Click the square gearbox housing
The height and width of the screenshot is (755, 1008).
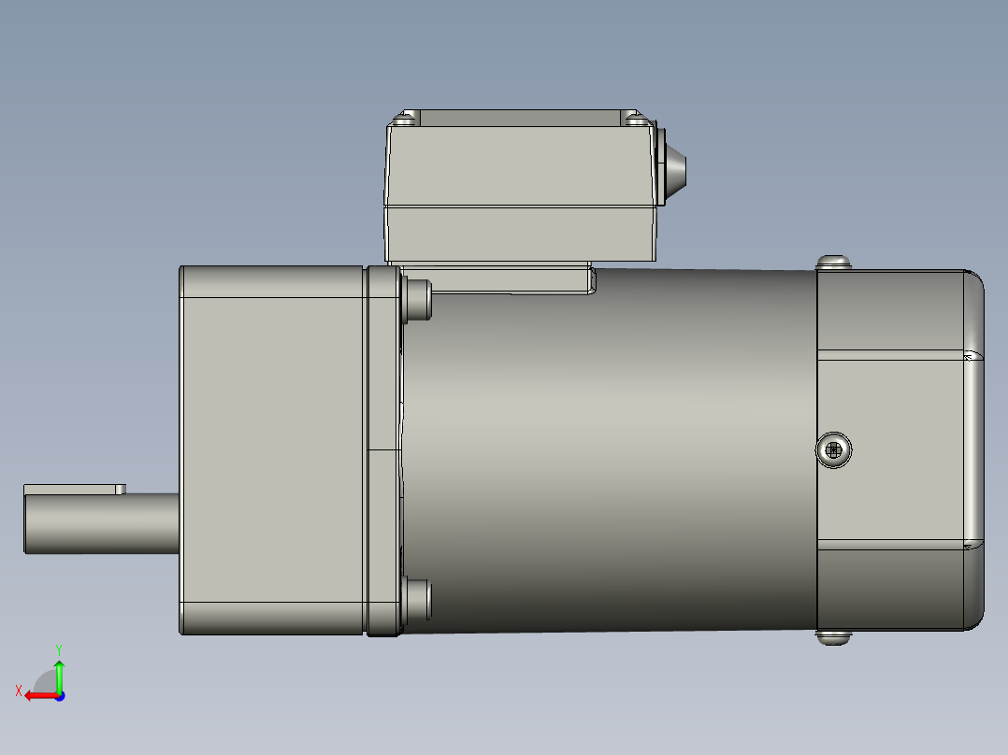[x=271, y=449]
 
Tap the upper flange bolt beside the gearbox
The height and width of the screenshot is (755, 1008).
[x=418, y=299]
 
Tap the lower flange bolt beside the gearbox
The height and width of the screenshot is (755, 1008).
[x=418, y=600]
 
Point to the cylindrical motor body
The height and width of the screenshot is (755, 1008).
[x=608, y=449]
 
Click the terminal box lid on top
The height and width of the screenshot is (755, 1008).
[x=519, y=164]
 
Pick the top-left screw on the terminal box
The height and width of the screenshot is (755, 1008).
[x=406, y=119]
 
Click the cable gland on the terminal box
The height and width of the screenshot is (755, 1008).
[x=673, y=171]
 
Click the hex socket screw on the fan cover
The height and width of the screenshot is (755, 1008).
[x=834, y=451]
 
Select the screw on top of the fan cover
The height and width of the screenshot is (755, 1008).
[x=834, y=263]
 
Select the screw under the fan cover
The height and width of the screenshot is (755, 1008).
[x=834, y=637]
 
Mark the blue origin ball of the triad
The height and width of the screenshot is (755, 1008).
[x=59, y=695]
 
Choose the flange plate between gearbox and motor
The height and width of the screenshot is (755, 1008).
[x=383, y=449]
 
